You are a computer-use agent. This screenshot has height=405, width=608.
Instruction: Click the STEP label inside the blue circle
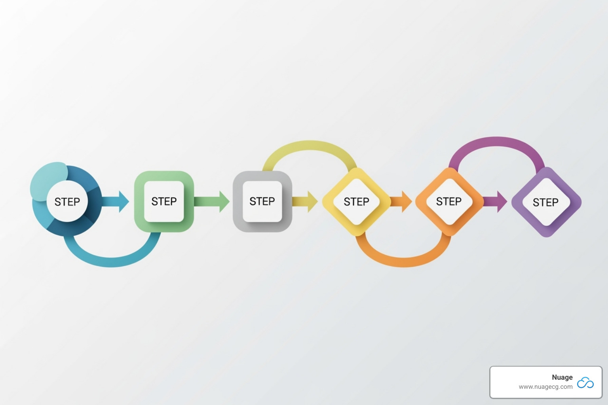coord(67,202)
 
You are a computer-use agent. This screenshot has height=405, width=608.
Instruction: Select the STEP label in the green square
coord(164,201)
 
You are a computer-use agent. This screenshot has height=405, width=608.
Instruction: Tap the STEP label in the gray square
coord(262,201)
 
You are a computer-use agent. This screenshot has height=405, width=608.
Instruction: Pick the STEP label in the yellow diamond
coord(356,202)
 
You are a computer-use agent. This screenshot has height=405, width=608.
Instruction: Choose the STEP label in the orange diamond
coord(448,201)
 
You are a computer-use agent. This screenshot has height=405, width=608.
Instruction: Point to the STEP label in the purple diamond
coord(545,202)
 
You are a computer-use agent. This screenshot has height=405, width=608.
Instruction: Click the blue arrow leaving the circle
coord(117,201)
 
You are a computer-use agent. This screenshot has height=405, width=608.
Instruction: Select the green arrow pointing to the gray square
coord(212,201)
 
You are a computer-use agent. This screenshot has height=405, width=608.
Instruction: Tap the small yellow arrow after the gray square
coord(306,201)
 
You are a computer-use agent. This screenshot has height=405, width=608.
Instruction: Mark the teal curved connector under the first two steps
coord(111,261)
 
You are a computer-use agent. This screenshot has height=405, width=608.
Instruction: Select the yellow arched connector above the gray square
coord(311,146)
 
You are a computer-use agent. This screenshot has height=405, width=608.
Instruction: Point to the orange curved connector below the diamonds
coord(404,261)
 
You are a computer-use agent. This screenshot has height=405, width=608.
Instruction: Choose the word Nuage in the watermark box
coord(562,377)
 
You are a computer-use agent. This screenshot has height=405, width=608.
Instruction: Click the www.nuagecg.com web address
coord(545,387)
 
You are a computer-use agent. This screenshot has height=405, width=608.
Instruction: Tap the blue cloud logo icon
coord(585,382)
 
